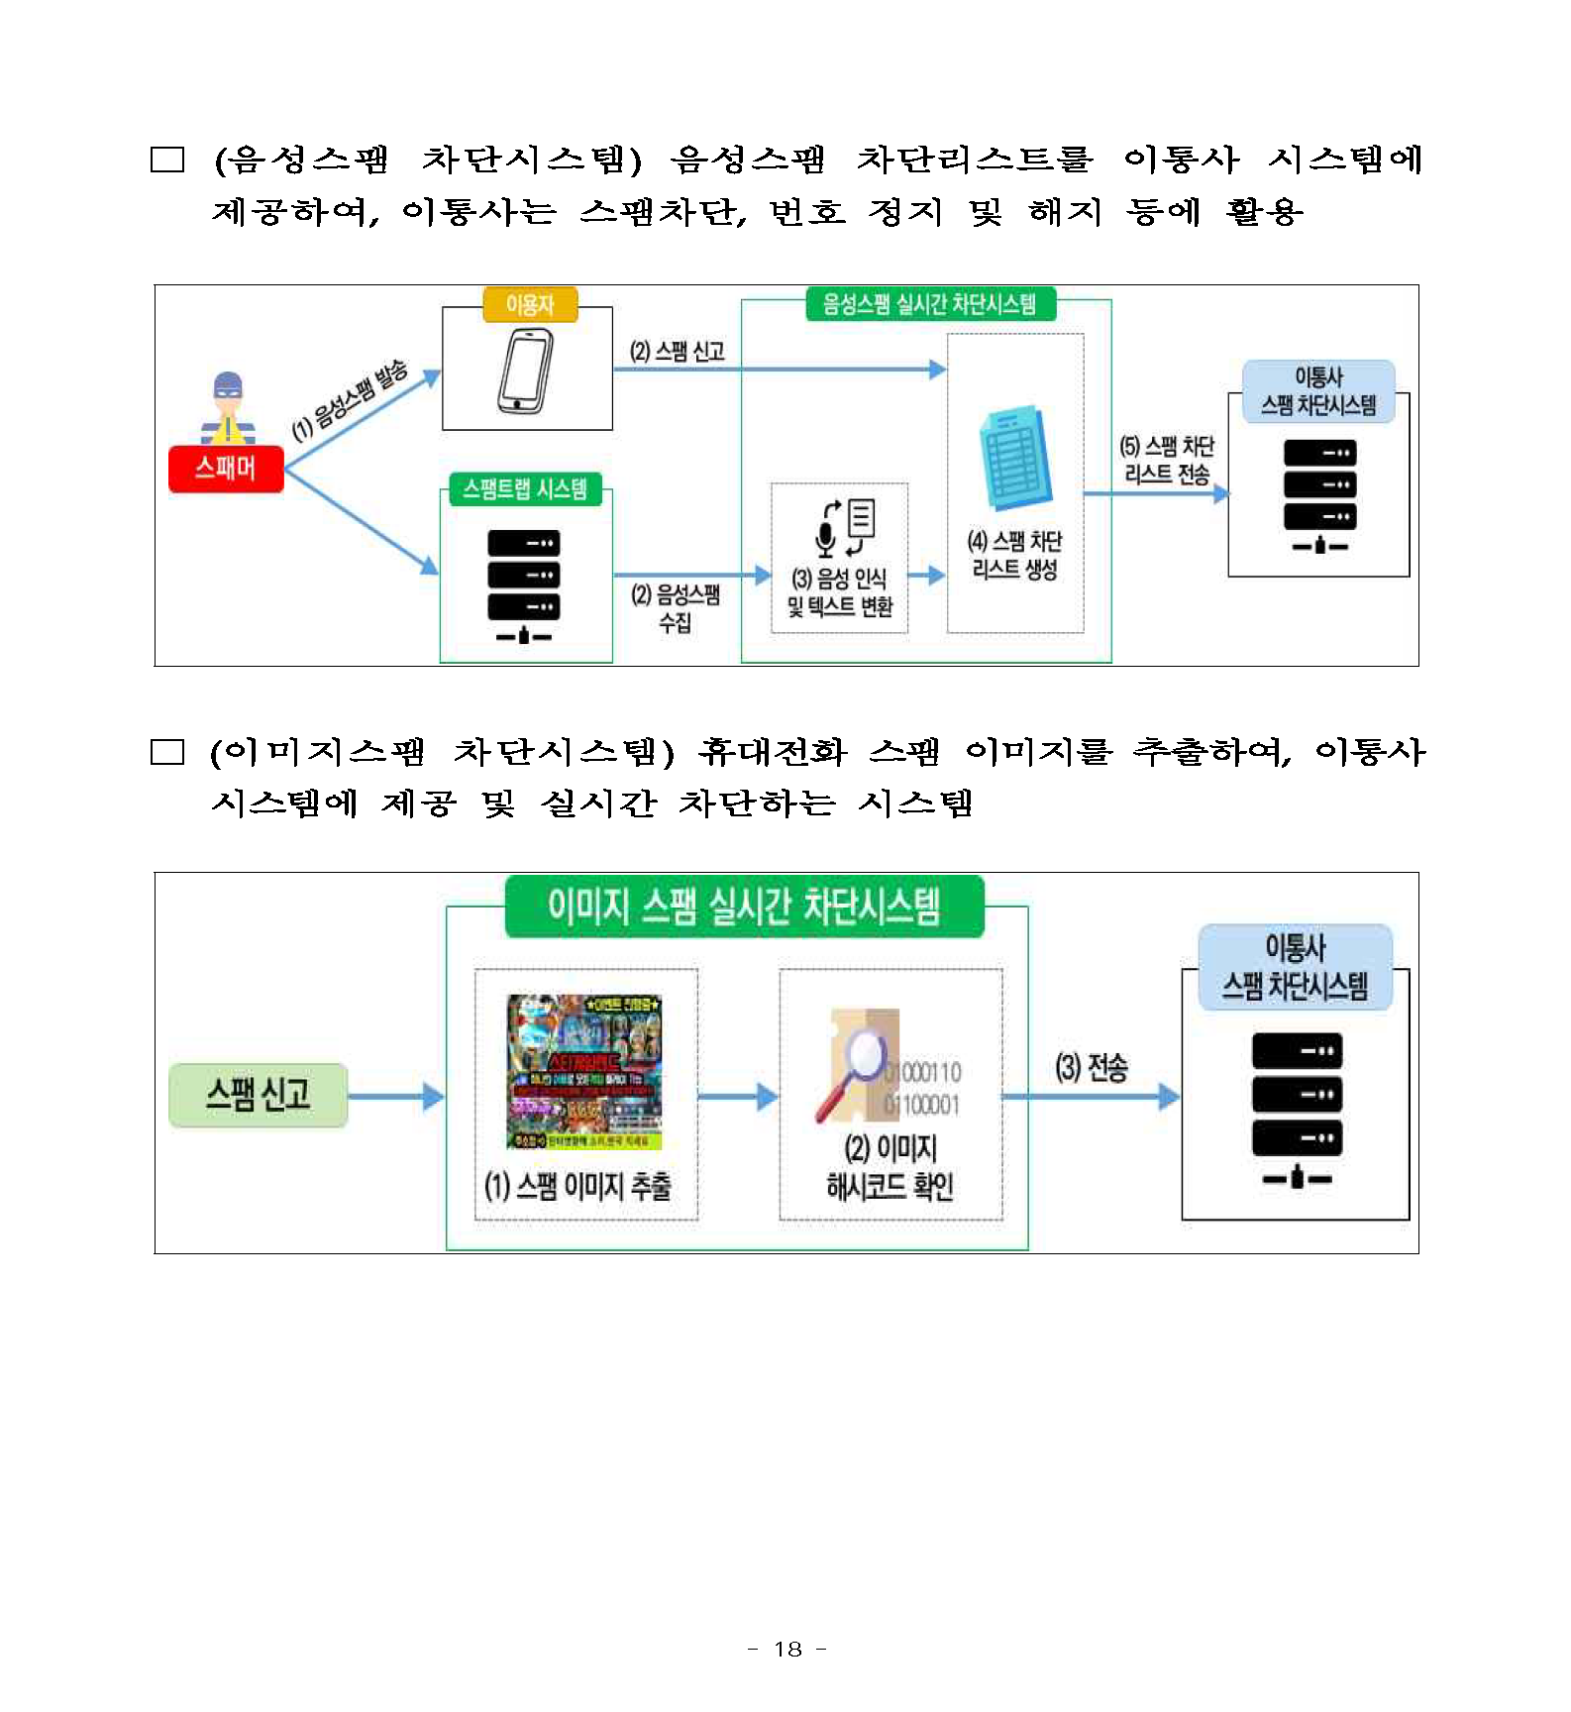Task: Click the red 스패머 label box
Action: (x=226, y=469)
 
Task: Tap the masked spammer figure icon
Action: (x=228, y=407)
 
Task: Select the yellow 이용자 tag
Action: (x=530, y=305)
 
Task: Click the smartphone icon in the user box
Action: (x=526, y=372)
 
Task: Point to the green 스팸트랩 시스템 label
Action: (x=525, y=489)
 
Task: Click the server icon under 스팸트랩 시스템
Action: (x=524, y=586)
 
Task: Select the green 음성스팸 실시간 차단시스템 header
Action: (x=929, y=304)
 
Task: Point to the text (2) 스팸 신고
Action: (x=678, y=351)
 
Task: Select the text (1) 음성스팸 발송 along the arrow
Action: (x=350, y=400)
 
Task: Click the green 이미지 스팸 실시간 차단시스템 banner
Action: (x=744, y=907)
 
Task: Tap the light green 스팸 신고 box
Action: (x=258, y=1095)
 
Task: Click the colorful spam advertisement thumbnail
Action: (x=584, y=1071)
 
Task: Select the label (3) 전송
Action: (x=1092, y=1068)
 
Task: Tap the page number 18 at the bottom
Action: (x=787, y=1649)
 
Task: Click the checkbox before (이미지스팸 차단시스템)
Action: (x=167, y=753)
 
